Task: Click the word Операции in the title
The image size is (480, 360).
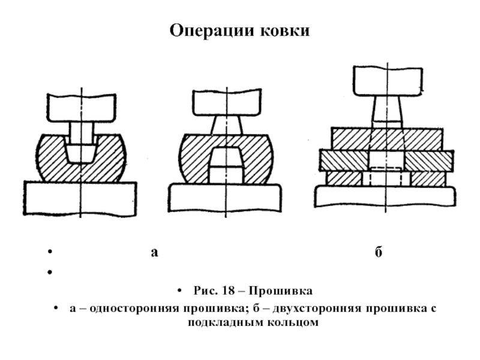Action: click(212, 31)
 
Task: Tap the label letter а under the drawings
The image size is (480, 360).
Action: click(155, 253)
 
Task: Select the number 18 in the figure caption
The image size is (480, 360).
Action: click(229, 290)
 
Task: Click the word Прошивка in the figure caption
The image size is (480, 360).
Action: click(281, 291)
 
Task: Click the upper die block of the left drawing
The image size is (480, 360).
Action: click(82, 107)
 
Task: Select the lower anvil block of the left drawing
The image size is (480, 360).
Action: click(80, 199)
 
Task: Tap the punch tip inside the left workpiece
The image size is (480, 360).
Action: click(80, 153)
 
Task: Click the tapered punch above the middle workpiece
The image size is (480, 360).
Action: click(227, 125)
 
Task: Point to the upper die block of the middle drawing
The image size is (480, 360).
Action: click(227, 102)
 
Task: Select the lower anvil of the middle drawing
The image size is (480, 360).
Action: click(226, 198)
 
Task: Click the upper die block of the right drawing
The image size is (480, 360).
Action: click(388, 81)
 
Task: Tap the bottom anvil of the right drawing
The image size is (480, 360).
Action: click(385, 197)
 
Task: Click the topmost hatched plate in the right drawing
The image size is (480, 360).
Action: click(387, 139)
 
